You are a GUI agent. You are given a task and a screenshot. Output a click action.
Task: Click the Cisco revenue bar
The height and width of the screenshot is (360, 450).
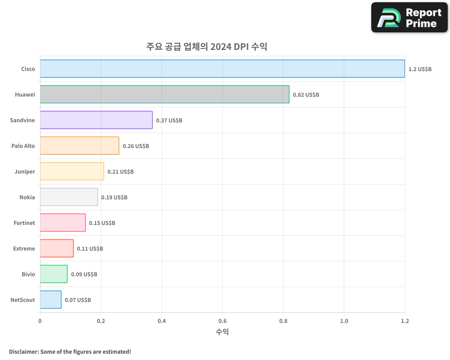pyautogui.click(x=222, y=68)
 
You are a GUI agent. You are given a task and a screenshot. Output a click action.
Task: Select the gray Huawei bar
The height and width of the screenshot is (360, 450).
pyautogui.click(x=165, y=94)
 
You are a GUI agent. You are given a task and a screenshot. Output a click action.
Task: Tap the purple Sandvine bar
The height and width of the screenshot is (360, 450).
pyautogui.click(x=96, y=120)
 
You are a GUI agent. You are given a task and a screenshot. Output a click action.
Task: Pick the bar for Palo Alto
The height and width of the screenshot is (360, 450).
pyautogui.click(x=80, y=145)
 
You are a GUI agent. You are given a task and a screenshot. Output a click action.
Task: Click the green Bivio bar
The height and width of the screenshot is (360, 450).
pyautogui.click(x=54, y=274)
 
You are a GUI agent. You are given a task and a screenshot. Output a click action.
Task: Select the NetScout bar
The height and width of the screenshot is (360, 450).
pyautogui.click(x=50, y=299)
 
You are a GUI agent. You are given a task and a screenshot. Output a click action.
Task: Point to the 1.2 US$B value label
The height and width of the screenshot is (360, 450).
pyautogui.click(x=420, y=69)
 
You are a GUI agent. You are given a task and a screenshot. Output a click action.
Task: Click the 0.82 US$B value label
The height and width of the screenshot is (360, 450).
pyautogui.click(x=306, y=94)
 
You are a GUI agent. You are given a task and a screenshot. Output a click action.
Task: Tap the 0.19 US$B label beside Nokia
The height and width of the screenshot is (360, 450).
pyautogui.click(x=114, y=197)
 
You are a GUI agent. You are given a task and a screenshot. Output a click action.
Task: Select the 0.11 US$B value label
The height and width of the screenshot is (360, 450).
pyautogui.click(x=90, y=248)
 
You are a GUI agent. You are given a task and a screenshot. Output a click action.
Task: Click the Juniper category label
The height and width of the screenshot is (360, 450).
pyautogui.click(x=24, y=171)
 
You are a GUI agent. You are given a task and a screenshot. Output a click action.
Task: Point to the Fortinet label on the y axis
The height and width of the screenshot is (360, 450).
pyautogui.click(x=24, y=223)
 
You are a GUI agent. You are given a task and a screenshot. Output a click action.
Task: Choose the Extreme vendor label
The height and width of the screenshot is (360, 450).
pyautogui.click(x=24, y=248)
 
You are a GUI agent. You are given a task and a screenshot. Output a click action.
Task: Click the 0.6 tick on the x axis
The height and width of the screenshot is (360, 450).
pyautogui.click(x=222, y=321)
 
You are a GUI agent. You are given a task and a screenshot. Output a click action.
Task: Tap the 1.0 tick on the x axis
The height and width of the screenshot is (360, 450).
pyautogui.click(x=344, y=321)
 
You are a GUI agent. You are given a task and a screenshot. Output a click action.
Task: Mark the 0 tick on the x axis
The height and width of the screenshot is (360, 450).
pyautogui.click(x=40, y=321)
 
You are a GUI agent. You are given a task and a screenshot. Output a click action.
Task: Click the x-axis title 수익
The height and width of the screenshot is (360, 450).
pyautogui.click(x=222, y=332)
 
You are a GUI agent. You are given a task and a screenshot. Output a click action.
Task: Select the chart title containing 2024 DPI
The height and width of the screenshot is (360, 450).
pyautogui.click(x=207, y=46)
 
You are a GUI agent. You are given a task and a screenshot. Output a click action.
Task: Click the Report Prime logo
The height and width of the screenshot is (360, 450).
pyautogui.click(x=409, y=18)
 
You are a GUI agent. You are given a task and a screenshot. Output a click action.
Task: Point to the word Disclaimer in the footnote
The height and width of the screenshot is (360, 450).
pyautogui.click(x=23, y=351)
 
